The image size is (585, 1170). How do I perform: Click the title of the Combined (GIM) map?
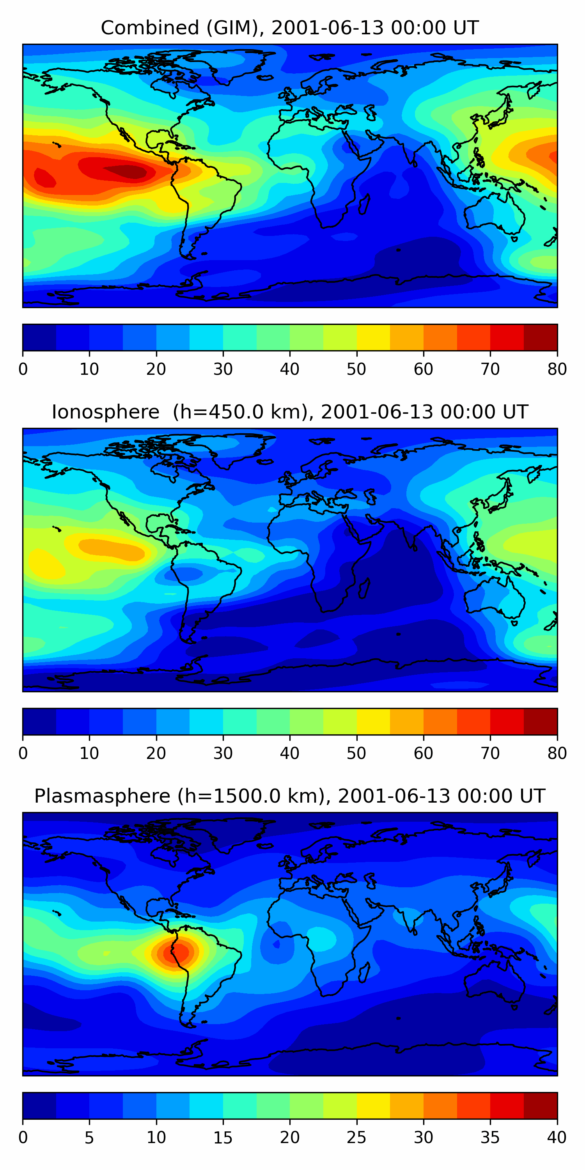pyautogui.click(x=290, y=28)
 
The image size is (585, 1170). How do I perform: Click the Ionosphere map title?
pyautogui.click(x=290, y=412)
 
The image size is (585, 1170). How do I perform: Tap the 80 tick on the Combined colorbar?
pyautogui.click(x=557, y=369)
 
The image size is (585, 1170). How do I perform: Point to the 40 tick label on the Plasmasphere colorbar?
pyautogui.click(x=557, y=1138)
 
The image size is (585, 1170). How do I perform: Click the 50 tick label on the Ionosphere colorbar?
pyautogui.click(x=356, y=753)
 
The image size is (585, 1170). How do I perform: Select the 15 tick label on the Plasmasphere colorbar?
pyautogui.click(x=223, y=1138)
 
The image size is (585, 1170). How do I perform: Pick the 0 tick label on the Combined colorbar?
pyautogui.click(x=23, y=369)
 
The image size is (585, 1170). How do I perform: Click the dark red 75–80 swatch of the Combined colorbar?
pyautogui.click(x=541, y=337)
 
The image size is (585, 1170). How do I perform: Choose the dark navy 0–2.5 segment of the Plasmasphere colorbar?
pyautogui.click(x=39, y=1106)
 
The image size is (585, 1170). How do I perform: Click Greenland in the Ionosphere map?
pyautogui.click(x=238, y=447)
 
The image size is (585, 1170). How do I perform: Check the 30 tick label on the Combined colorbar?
pyautogui.click(x=223, y=369)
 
